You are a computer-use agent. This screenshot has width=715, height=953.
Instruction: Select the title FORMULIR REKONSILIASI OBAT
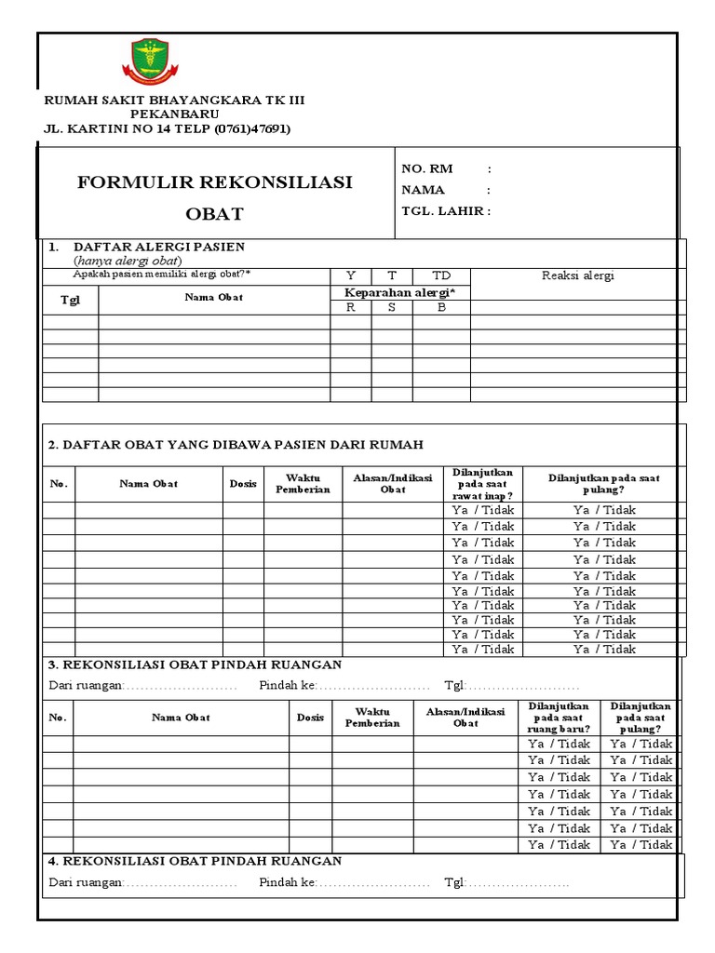pyautogui.click(x=214, y=197)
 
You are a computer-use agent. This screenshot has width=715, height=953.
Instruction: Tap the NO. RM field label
pyautogui.click(x=426, y=168)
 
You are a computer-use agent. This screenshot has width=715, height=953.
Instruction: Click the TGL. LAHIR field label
pyautogui.click(x=443, y=210)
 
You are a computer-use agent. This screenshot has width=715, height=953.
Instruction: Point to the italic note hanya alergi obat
pyautogui.click(x=128, y=261)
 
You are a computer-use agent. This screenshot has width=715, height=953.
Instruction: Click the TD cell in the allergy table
pyautogui.click(x=441, y=275)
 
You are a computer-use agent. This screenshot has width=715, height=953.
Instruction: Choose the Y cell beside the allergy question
pyautogui.click(x=351, y=275)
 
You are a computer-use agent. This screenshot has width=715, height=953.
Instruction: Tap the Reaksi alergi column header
pyautogui.click(x=577, y=275)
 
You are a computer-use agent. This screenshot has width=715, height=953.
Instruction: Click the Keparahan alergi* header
pyautogui.click(x=400, y=292)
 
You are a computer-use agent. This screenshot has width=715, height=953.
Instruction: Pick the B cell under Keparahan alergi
pyautogui.click(x=441, y=307)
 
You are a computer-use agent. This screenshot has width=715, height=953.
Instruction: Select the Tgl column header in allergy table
pyautogui.click(x=71, y=300)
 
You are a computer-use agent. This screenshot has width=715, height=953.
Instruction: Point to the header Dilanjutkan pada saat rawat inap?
pyautogui.click(x=482, y=484)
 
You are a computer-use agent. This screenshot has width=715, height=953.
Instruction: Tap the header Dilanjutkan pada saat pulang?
pyautogui.click(x=603, y=484)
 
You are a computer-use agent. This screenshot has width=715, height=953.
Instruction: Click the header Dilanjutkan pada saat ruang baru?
pyautogui.click(x=559, y=718)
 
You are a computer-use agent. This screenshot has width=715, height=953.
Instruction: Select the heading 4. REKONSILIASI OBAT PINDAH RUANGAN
pyautogui.click(x=195, y=861)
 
